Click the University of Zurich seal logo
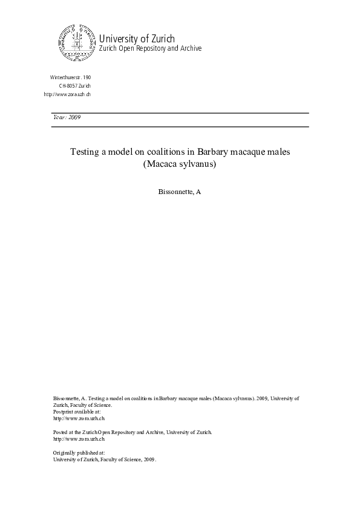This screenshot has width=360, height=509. pyautogui.click(x=77, y=44)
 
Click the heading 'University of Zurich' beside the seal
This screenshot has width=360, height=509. pyautogui.click(x=137, y=39)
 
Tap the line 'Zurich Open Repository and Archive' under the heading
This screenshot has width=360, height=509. pyautogui.click(x=150, y=49)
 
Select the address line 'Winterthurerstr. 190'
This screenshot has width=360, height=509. pyautogui.click(x=70, y=78)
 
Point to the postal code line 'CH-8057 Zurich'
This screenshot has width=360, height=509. pyautogui.click(x=74, y=86)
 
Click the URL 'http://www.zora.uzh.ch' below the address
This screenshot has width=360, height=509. pyautogui.click(x=67, y=95)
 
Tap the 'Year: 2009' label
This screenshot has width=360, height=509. pyautogui.click(x=67, y=117)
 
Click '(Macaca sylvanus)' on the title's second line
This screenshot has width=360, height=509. pyautogui.click(x=180, y=164)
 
